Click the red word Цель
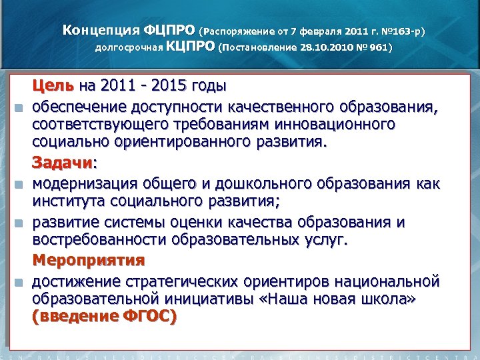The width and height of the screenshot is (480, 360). point(54,86)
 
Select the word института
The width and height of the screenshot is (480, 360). point(71,201)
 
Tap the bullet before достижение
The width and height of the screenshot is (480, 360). point(23,280)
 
